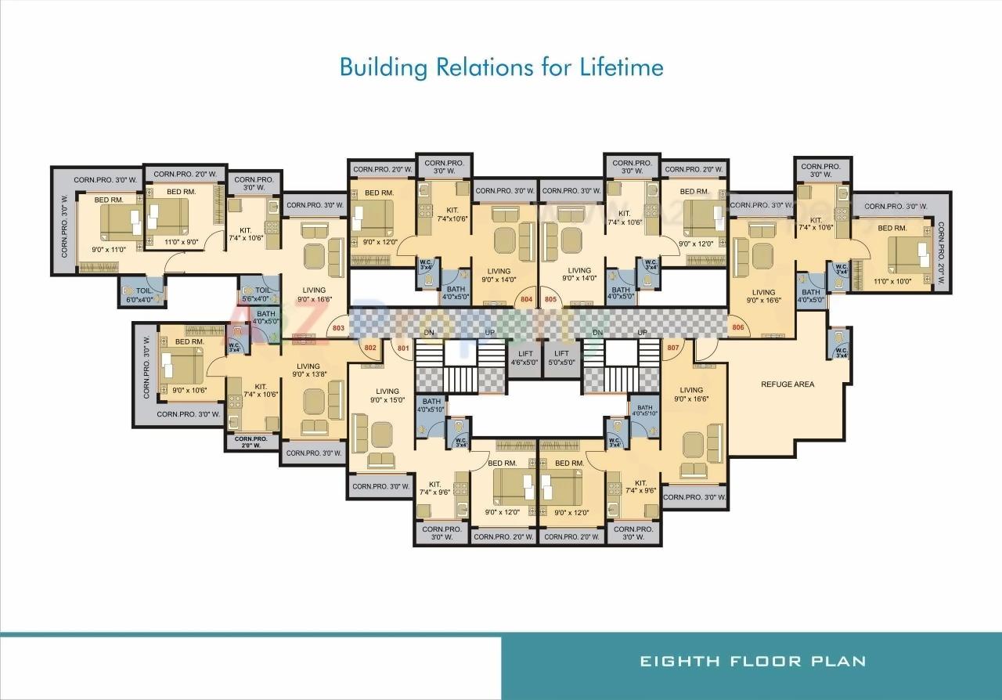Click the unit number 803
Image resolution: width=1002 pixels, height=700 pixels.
(x=338, y=329)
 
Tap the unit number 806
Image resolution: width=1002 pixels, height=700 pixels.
(x=737, y=327)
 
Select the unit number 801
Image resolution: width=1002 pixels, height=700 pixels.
(x=403, y=348)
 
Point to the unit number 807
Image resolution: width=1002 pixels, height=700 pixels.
(x=672, y=347)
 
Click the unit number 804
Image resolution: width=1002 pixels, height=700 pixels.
(x=526, y=299)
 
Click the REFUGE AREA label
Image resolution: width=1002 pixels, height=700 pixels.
(x=788, y=384)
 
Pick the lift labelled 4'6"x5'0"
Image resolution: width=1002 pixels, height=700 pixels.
(x=524, y=358)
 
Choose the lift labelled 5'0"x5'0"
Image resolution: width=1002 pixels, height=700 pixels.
(x=562, y=358)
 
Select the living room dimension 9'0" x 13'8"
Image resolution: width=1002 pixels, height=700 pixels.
(x=308, y=374)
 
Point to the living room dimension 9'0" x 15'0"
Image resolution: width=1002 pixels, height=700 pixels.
(x=387, y=400)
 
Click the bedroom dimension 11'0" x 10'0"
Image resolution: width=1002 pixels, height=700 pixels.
(x=893, y=281)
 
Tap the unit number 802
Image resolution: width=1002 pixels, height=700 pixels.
(x=370, y=347)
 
